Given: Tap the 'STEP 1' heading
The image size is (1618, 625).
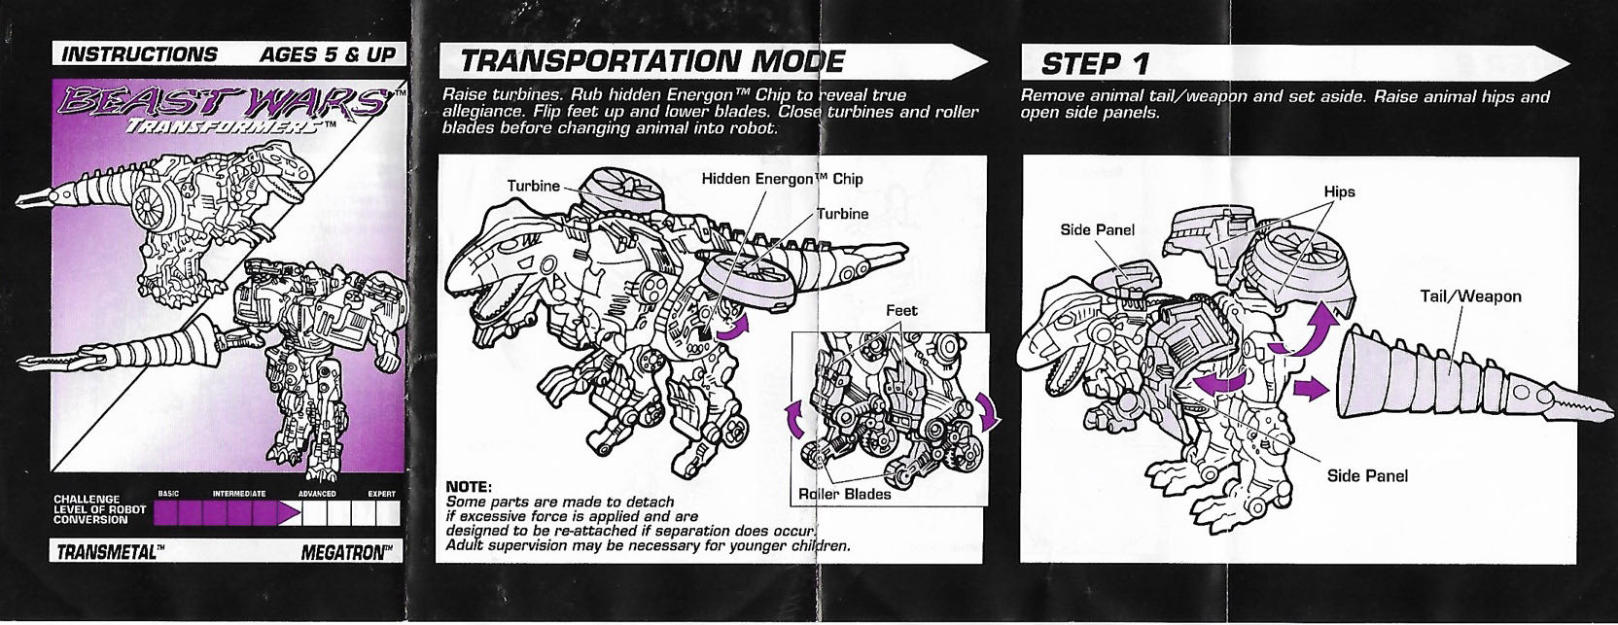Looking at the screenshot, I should [1095, 64].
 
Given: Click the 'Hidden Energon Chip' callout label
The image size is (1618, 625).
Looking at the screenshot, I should [782, 179].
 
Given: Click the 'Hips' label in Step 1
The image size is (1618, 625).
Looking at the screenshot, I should [1338, 191].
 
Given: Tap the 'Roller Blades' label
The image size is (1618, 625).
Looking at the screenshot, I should [845, 494].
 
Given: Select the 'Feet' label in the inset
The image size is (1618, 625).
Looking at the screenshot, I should [900, 311].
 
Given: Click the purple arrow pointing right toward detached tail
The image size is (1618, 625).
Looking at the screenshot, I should [1309, 388].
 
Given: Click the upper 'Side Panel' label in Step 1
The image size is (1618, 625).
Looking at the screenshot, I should [1097, 230].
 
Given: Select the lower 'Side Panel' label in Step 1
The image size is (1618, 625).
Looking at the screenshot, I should [1367, 475].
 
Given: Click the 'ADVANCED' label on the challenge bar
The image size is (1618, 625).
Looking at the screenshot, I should [316, 494].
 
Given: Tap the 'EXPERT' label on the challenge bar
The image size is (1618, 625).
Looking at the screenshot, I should [381, 494].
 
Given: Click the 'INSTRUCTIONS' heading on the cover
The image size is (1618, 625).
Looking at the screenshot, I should [139, 54].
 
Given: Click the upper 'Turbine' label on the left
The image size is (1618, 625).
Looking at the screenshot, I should [533, 186].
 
